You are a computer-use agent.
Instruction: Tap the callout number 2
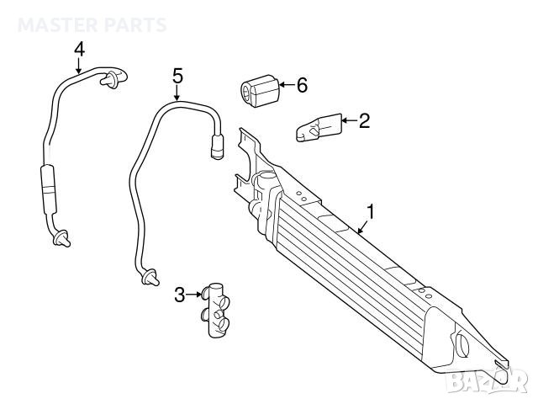click(x=364, y=121)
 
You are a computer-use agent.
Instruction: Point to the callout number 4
click(x=79, y=49)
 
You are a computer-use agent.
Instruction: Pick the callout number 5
click(x=177, y=76)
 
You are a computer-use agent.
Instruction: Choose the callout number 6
click(x=302, y=85)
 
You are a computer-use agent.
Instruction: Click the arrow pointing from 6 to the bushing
click(x=284, y=85)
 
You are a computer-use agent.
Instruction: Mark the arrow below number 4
click(x=79, y=66)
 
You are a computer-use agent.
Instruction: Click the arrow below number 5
click(x=177, y=93)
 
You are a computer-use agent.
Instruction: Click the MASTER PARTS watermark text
click(x=92, y=25)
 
